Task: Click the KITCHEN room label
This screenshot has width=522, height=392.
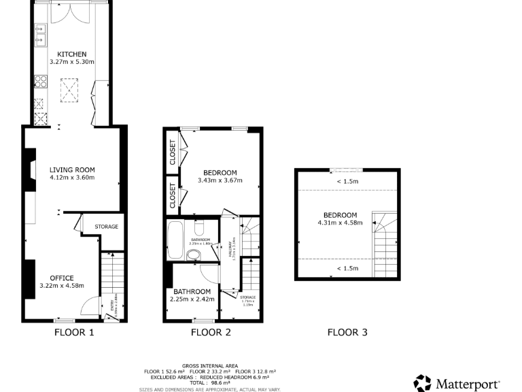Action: [71, 54]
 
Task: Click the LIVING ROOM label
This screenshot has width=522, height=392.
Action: [71, 169]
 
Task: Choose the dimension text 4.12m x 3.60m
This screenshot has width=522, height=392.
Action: [71, 178]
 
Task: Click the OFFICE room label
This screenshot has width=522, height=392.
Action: [61, 278]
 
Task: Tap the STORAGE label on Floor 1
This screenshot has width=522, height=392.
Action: [106, 227]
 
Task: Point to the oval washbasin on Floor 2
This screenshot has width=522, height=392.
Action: [193, 255]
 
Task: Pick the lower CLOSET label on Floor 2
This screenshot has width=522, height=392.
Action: [173, 194]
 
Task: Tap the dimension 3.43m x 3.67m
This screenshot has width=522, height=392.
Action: [219, 180]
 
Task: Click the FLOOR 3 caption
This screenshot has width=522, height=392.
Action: [347, 333]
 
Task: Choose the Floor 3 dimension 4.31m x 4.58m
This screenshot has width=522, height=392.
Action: [340, 223]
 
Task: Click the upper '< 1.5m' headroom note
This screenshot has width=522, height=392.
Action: [347, 181]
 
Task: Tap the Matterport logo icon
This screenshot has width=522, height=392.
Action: [422, 382]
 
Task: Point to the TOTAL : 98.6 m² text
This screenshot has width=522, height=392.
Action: [209, 384]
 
